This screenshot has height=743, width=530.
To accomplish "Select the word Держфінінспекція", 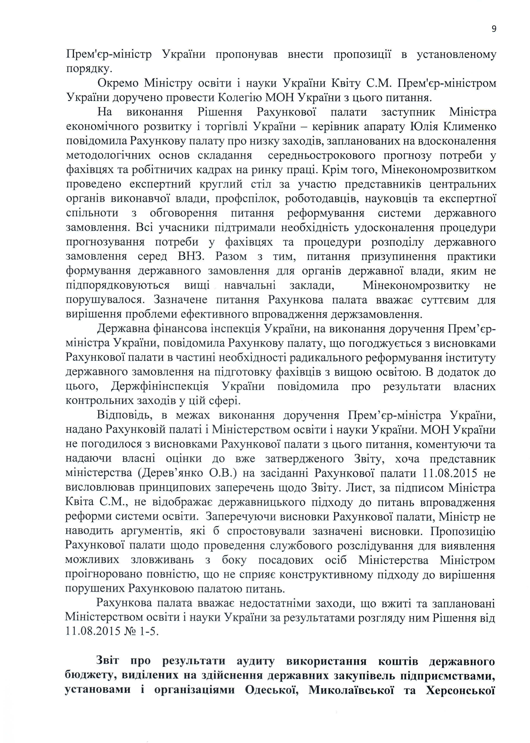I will click(160, 387).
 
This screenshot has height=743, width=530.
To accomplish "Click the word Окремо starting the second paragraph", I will click(118, 83).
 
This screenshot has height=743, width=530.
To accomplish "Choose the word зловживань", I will click(162, 560).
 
